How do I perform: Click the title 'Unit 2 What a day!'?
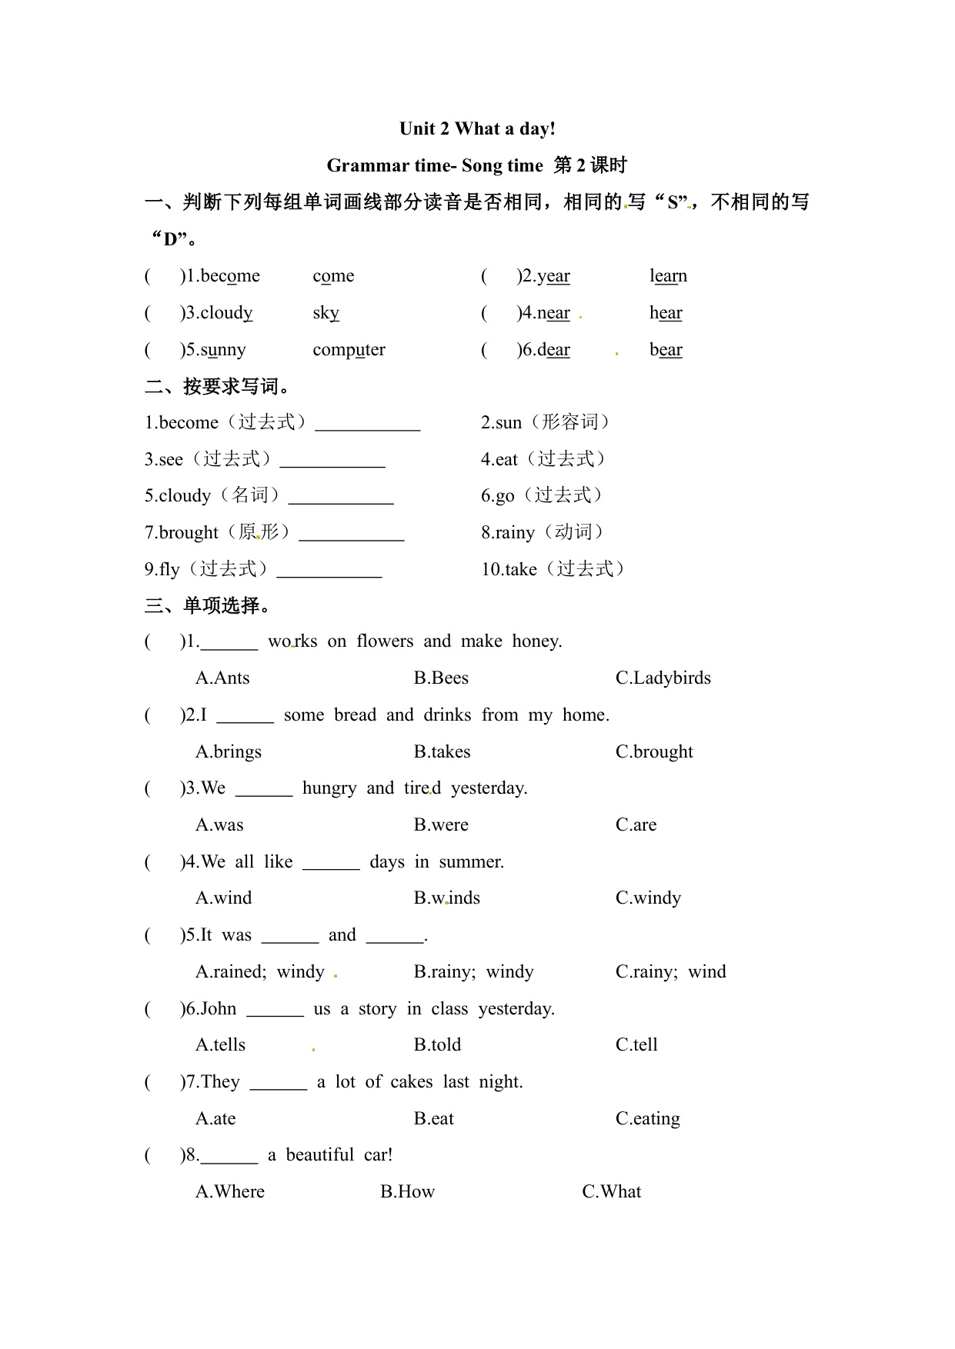(x=477, y=128)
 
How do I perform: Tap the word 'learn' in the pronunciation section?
(x=668, y=276)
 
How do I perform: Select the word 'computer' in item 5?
(x=349, y=350)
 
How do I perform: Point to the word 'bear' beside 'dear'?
(x=666, y=350)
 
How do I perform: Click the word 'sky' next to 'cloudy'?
(x=326, y=313)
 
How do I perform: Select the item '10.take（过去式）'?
(x=553, y=569)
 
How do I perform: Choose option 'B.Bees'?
(x=441, y=678)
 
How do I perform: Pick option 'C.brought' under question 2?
(x=654, y=752)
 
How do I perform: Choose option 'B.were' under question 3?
(x=441, y=825)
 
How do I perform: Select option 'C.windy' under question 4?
(x=648, y=898)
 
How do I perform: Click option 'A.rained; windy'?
(x=260, y=972)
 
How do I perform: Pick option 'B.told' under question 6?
(x=437, y=1045)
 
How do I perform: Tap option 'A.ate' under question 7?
(x=215, y=1119)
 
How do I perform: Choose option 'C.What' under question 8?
(x=611, y=1192)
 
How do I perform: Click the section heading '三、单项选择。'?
(x=208, y=606)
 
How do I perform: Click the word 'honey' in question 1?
(x=536, y=641)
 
